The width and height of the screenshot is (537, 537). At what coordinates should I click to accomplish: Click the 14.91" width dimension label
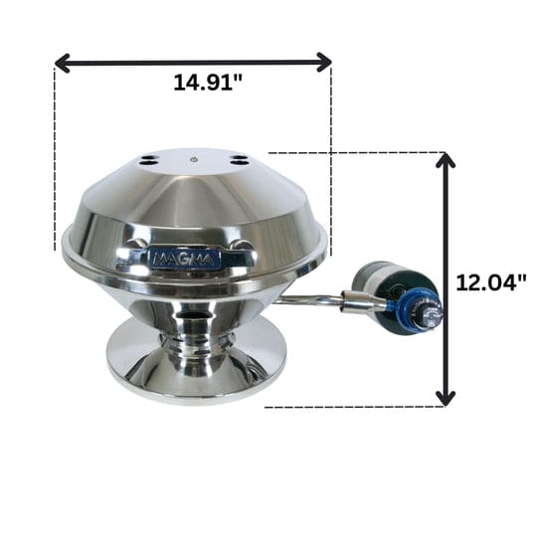208,83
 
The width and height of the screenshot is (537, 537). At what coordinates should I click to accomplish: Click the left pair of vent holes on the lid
148,159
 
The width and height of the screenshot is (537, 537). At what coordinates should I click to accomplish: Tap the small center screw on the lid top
194,159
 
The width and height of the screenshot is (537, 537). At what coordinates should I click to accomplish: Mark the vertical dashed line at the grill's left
55,159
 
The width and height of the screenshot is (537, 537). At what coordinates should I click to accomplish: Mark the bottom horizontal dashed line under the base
348,407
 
